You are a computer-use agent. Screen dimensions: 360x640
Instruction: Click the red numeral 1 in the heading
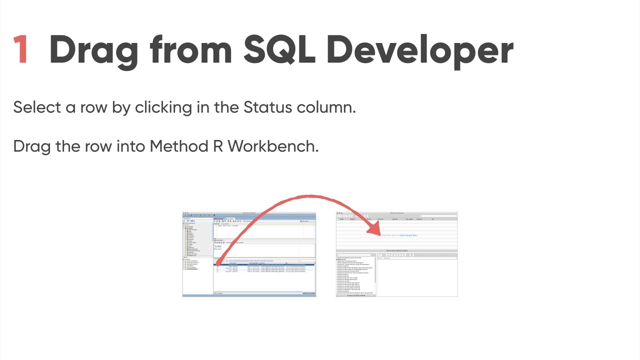(20, 49)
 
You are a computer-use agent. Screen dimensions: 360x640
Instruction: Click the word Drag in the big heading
(93, 49)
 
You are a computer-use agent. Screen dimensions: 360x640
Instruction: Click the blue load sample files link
(408, 235)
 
